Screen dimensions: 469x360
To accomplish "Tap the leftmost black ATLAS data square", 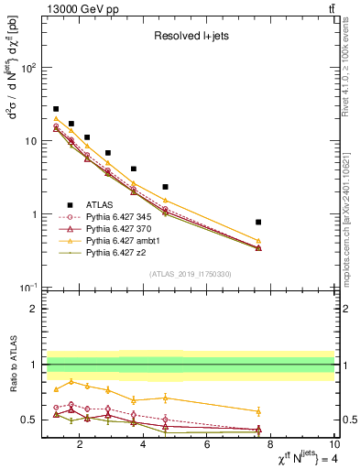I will (56, 109).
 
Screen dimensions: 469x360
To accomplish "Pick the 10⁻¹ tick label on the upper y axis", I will (29, 288).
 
